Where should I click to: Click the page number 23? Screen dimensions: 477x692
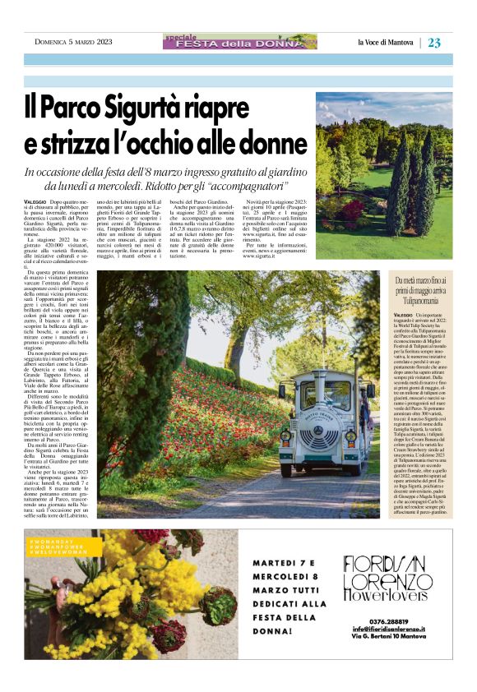[x=434, y=43]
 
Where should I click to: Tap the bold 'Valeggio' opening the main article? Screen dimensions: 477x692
[x=35, y=201]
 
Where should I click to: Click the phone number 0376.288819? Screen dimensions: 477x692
[x=387, y=621]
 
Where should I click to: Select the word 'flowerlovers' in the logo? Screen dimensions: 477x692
[x=386, y=594]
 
